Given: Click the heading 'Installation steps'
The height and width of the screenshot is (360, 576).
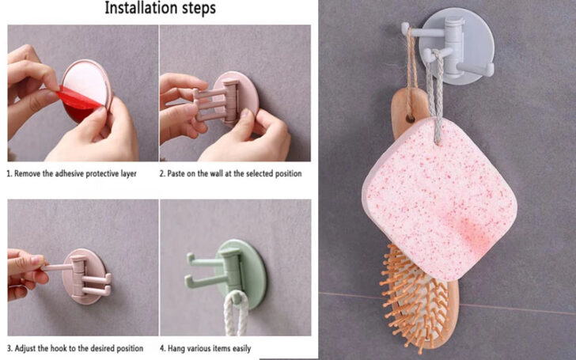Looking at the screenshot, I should coord(160,9).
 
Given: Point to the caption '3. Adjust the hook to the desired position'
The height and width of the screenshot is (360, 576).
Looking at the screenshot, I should coord(76,348).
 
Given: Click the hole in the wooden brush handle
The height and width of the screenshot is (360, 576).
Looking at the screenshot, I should coord(409,115).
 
